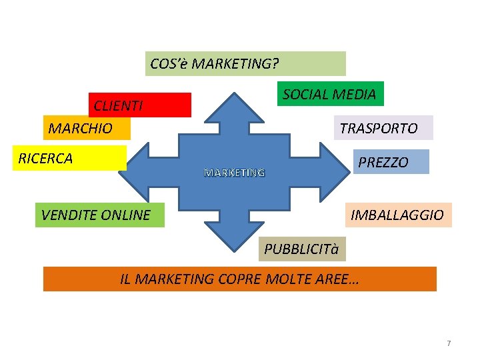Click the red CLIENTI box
pos(140,105)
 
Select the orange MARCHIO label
pos(87,128)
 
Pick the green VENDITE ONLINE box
pos(99,215)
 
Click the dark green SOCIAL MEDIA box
pos(329,94)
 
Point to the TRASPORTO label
pos(383,128)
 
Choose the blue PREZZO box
pos(389,162)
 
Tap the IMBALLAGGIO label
pos(398,215)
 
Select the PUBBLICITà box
pos(301,249)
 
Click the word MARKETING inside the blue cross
pos(234,173)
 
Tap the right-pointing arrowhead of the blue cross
pos(333,171)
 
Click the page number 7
pos(449,343)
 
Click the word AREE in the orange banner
pos(339,279)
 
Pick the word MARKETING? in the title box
pos(235,64)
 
